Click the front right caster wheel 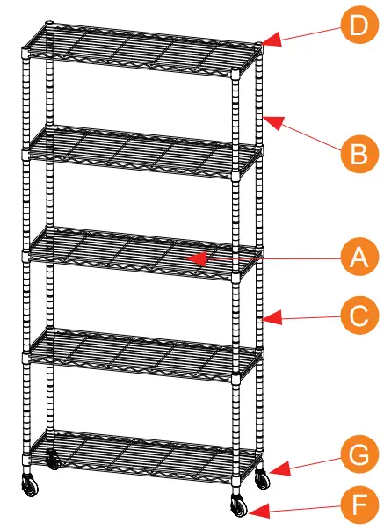(x=238, y=507)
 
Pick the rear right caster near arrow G (x=261, y=480)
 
